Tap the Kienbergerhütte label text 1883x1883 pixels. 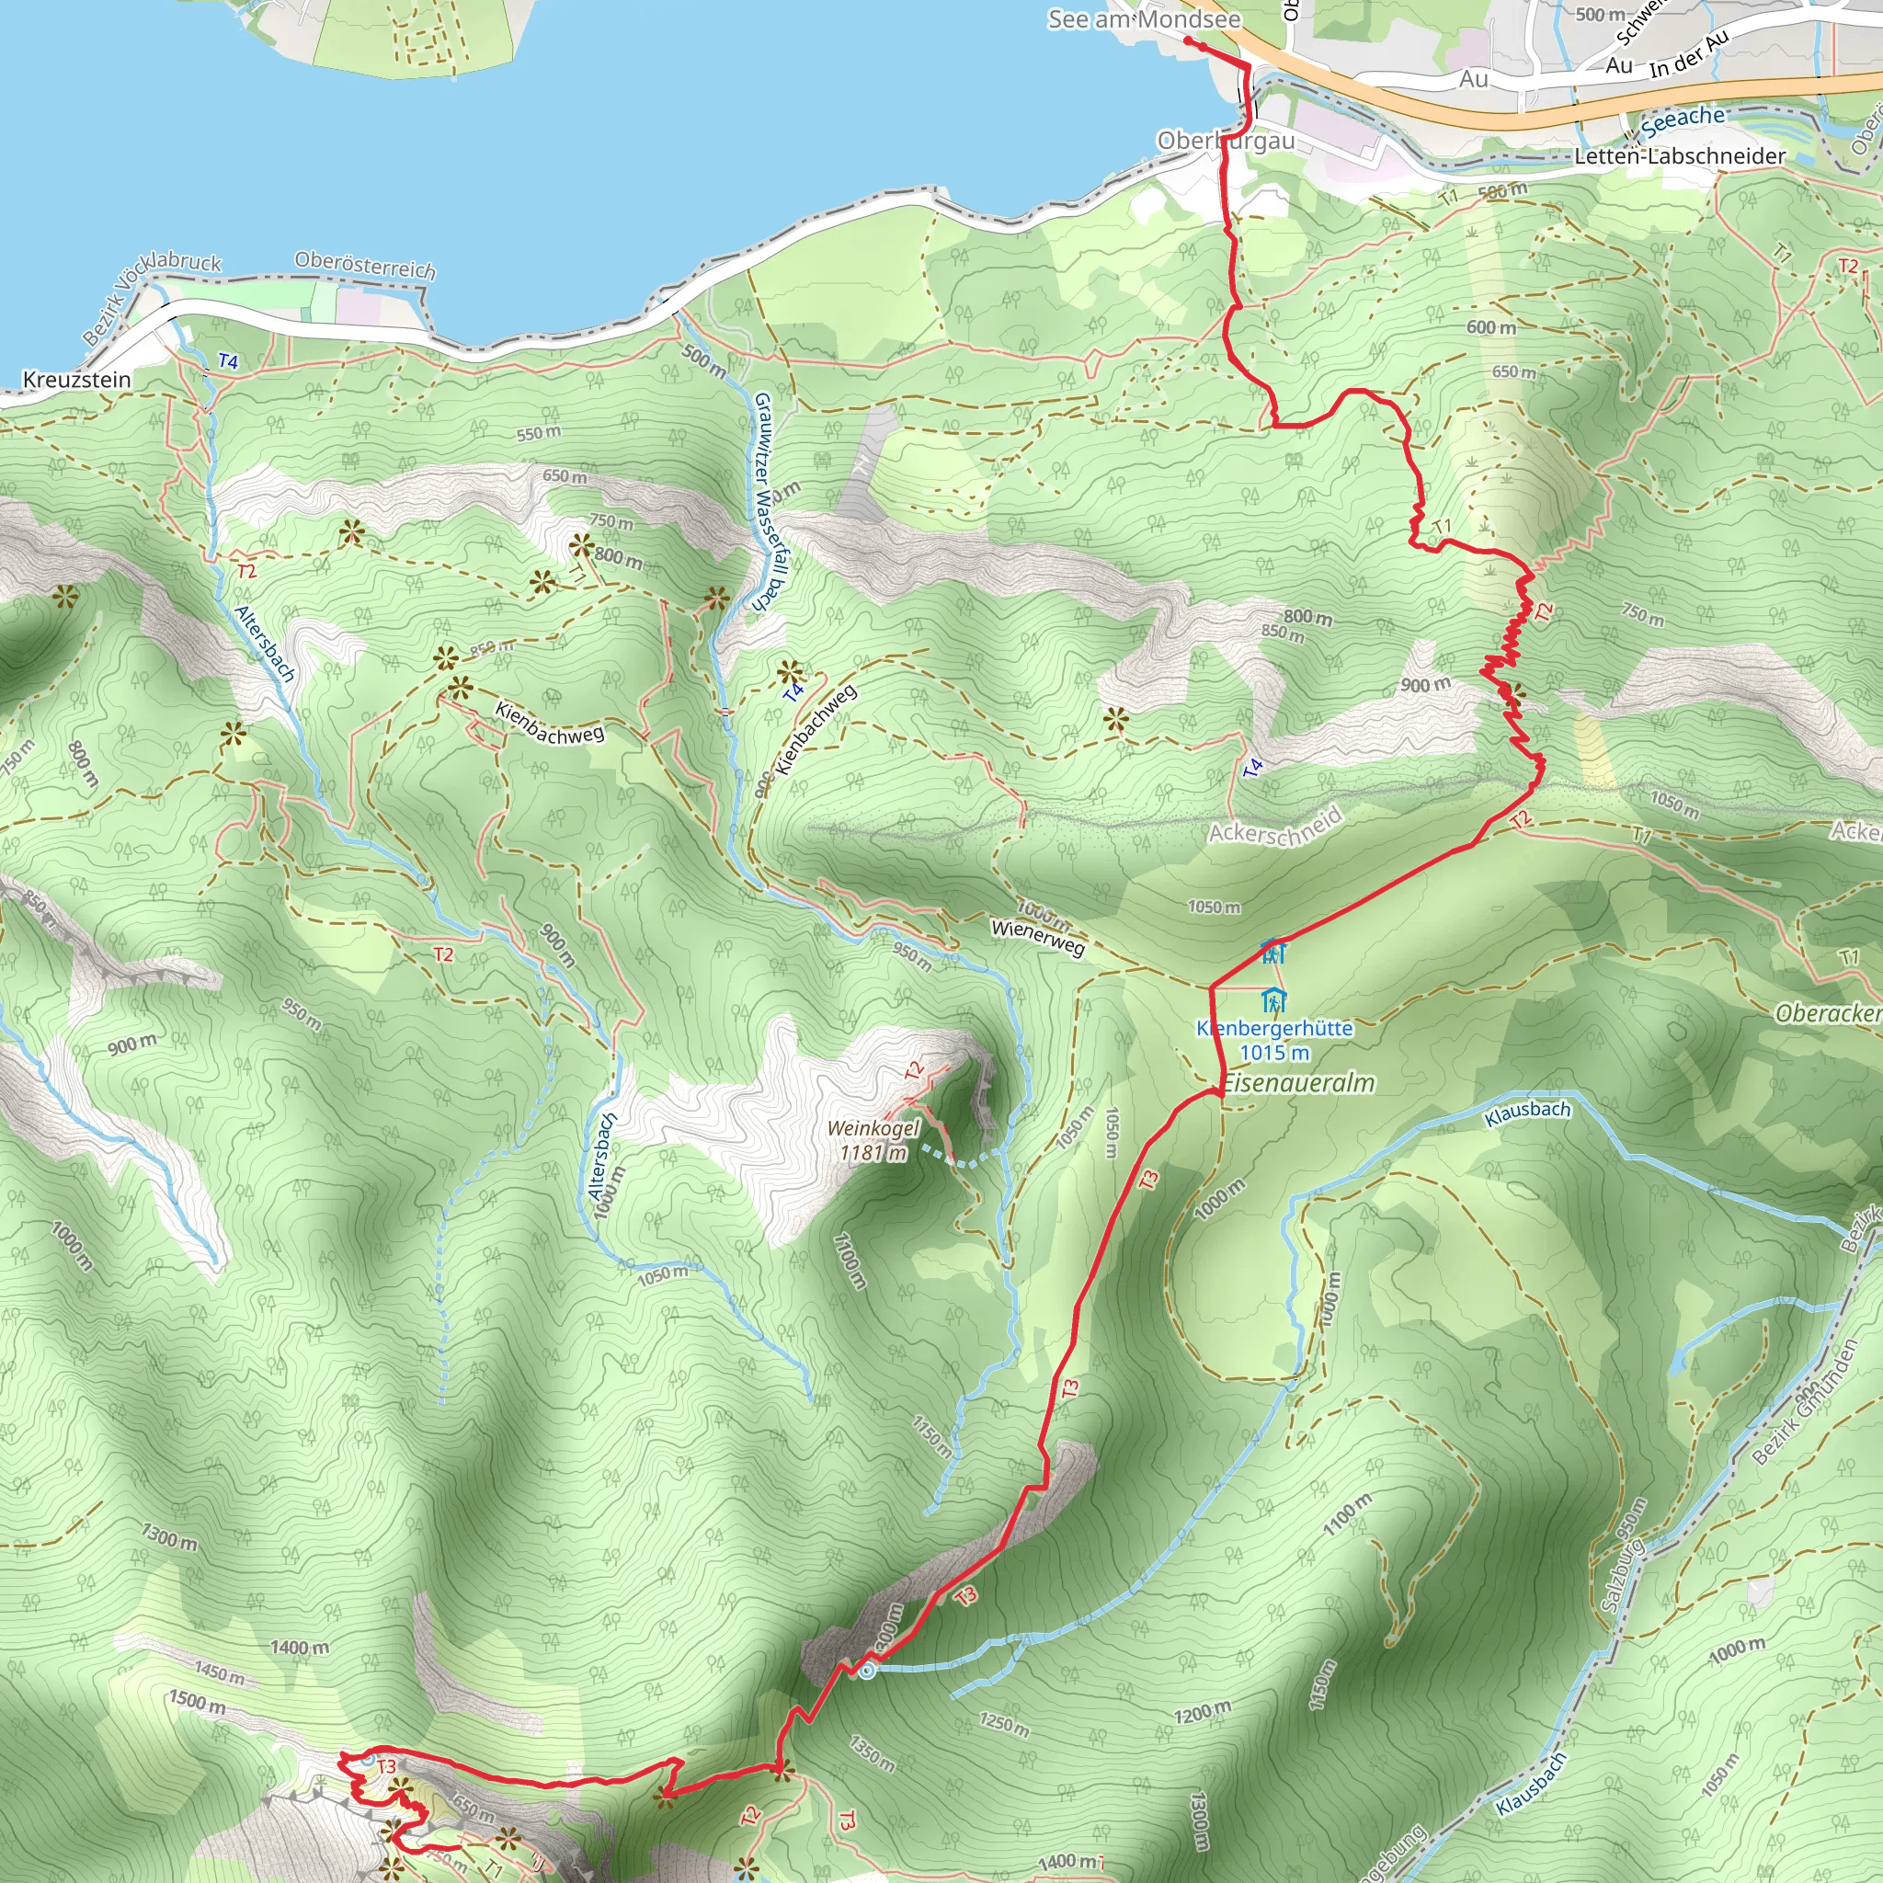click(1275, 1028)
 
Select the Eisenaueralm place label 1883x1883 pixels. click(1298, 1083)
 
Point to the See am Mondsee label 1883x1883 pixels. click(1143, 19)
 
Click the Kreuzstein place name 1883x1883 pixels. click(76, 379)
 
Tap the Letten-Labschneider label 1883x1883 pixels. click(1679, 156)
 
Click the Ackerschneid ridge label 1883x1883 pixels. click(1276, 827)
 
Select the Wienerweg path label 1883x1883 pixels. click(1038, 937)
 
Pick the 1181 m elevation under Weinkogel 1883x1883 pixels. click(873, 1153)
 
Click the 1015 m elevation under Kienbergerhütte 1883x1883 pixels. click(1275, 1053)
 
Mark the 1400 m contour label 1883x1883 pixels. click(300, 1649)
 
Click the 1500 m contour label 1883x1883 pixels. click(197, 1702)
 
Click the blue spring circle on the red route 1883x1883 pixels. click(866, 1672)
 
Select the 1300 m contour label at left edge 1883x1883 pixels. click(168, 1538)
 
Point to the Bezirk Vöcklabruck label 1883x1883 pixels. click(151, 297)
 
